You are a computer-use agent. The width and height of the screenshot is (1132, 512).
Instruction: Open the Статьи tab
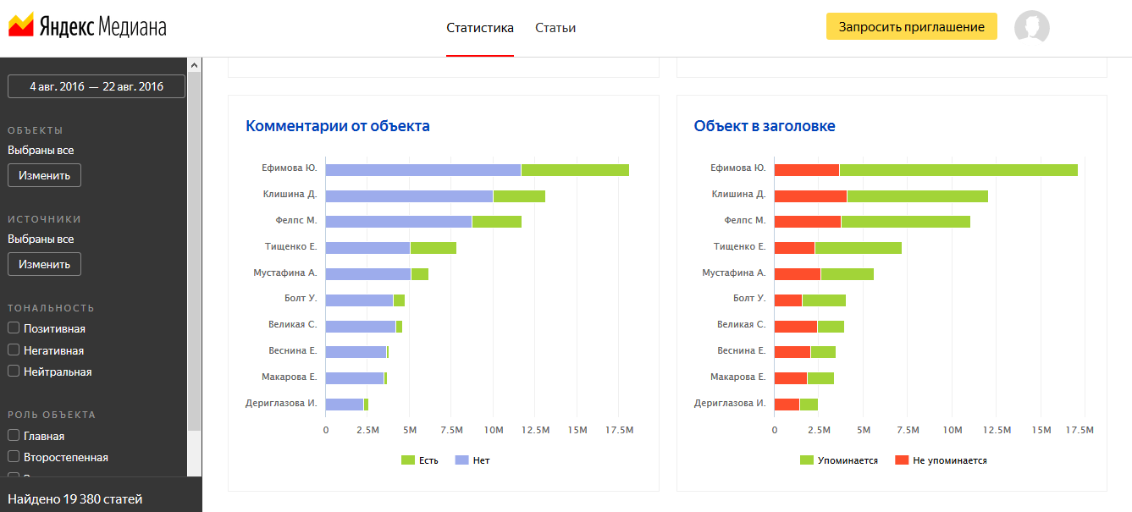[x=555, y=28]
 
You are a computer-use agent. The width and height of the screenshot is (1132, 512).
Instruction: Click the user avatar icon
[x=1031, y=27]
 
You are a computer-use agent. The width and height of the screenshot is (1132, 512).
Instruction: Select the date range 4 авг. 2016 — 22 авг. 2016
[x=97, y=86]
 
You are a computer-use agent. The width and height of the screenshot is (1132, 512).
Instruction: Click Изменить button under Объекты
[x=44, y=175]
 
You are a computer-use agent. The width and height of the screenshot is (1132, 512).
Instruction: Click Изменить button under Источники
[x=44, y=264]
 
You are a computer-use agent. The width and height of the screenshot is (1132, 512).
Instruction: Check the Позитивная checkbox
[x=14, y=328]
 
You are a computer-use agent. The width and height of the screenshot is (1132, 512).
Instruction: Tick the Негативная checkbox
[x=14, y=350]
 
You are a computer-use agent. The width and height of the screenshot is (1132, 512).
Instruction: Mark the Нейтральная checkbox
[x=14, y=372]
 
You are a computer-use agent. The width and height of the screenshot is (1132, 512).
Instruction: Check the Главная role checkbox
[x=14, y=436]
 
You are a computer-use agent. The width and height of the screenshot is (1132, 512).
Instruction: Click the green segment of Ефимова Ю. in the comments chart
[x=575, y=170]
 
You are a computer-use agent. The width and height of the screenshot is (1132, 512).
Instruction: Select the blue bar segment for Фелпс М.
[x=399, y=222]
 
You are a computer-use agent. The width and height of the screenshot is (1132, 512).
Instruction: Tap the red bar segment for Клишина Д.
[x=810, y=196]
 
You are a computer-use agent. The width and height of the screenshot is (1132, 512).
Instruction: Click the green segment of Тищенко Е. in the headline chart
[x=858, y=248]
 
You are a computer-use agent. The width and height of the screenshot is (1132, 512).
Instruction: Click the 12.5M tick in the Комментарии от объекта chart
[x=535, y=431]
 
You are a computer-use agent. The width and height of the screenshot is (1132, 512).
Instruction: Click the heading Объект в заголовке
[x=765, y=126]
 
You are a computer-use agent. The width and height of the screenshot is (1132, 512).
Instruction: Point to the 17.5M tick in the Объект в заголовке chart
[x=1080, y=431]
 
